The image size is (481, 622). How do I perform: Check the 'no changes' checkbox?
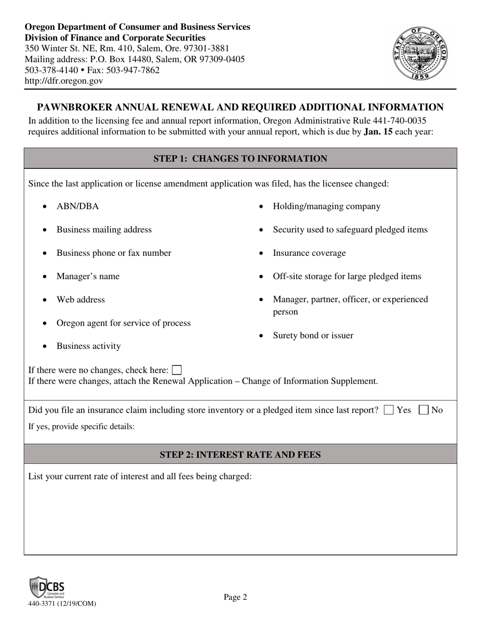[x=177, y=370]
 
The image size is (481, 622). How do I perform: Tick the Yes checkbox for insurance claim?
[x=388, y=410]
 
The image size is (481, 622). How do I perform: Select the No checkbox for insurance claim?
[x=424, y=410]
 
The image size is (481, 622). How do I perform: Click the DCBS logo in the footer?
[x=47, y=588]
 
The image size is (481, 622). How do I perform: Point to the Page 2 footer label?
[x=235, y=597]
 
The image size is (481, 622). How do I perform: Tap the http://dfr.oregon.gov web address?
[x=64, y=81]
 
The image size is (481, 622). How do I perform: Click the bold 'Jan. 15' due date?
[x=378, y=132]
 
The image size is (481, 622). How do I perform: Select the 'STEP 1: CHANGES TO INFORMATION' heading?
[x=240, y=159]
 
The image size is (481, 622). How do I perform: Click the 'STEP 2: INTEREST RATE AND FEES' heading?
[x=240, y=455]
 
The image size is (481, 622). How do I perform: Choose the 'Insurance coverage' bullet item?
[x=309, y=253]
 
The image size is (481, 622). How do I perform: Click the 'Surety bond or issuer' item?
[x=313, y=335]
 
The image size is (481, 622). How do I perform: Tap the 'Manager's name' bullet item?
[x=88, y=276]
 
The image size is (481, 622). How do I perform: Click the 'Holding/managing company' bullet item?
[x=327, y=206]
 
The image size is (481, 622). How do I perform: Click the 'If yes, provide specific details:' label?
[x=81, y=426]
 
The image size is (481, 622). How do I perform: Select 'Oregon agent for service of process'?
[x=124, y=323]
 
